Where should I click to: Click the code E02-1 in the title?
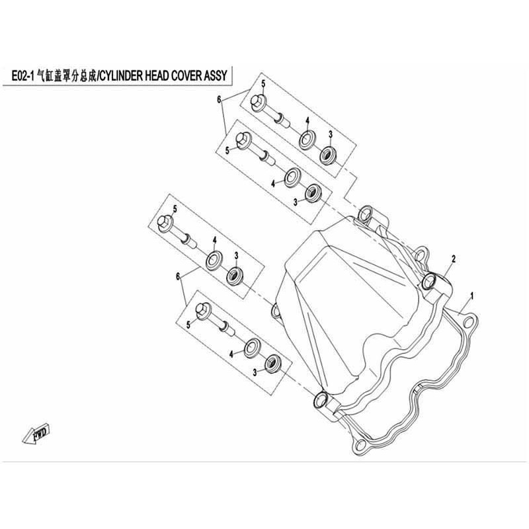pos(23,76)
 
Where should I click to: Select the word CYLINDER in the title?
pos(122,76)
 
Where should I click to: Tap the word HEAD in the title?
pos(157,76)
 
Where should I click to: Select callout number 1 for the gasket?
pos(472,296)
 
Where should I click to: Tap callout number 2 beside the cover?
pos(454,259)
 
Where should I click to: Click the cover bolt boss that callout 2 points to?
pos(429,282)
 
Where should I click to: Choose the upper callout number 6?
pos(219,100)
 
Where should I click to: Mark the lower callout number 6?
pos(178,276)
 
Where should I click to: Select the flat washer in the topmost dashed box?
pos(307,140)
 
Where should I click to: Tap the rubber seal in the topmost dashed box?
pos(328,155)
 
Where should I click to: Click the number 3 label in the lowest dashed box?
pos(255,372)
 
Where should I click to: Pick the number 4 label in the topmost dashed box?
pos(307,121)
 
